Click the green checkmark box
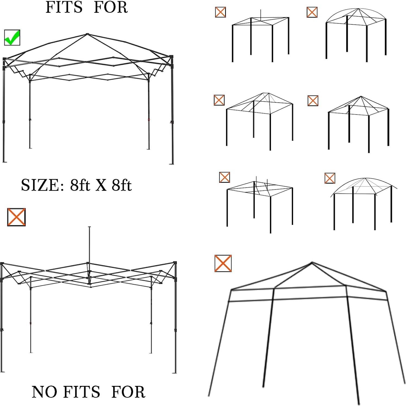(12, 37)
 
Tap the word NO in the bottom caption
(45, 392)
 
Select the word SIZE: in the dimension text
(43, 185)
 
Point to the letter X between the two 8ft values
(100, 185)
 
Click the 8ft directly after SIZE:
(80, 185)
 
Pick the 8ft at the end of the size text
(121, 185)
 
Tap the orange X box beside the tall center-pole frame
(16, 217)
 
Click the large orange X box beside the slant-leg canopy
(223, 263)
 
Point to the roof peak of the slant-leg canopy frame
(312, 263)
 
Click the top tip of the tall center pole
(90, 227)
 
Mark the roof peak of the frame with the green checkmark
(87, 34)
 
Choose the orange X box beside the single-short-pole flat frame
(220, 12)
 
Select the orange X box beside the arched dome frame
(312, 12)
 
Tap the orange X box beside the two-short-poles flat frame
(224, 177)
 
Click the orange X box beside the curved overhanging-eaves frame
(330, 178)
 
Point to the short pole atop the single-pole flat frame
(260, 15)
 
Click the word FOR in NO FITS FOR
(128, 392)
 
